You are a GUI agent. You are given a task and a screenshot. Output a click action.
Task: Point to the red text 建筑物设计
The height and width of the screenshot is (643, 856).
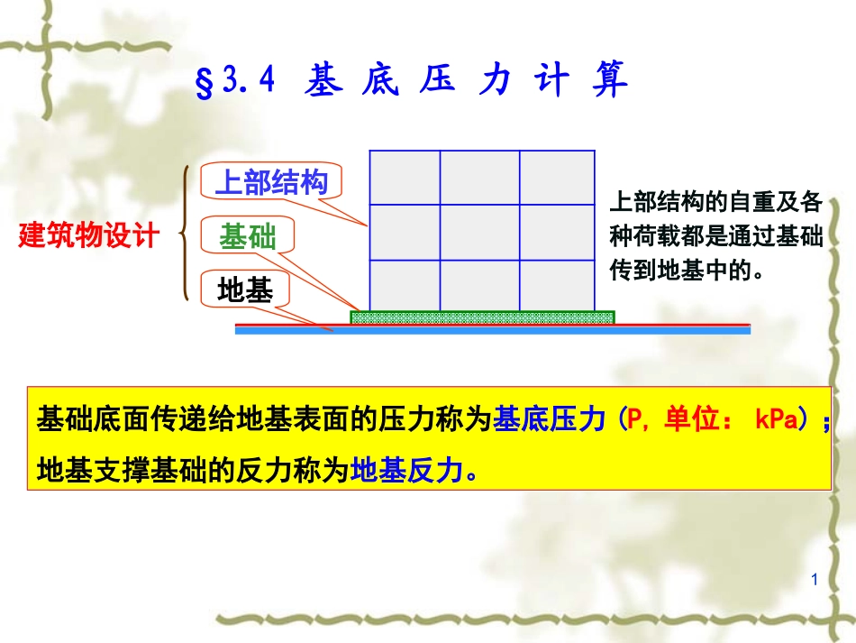(89, 236)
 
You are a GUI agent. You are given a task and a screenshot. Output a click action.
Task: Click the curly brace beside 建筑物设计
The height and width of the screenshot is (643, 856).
(187, 234)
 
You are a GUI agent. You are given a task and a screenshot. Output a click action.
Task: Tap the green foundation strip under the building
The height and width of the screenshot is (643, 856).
(482, 317)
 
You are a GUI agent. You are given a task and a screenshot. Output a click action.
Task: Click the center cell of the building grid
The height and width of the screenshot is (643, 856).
(479, 232)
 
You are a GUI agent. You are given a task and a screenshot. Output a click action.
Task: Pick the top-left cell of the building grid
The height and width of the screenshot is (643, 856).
(405, 178)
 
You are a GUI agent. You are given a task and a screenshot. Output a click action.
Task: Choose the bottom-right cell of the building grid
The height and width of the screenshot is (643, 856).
(557, 284)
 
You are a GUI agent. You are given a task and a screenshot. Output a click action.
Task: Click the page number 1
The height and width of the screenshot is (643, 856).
(814, 580)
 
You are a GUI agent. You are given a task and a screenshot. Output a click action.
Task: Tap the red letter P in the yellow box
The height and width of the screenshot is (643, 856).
(635, 421)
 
